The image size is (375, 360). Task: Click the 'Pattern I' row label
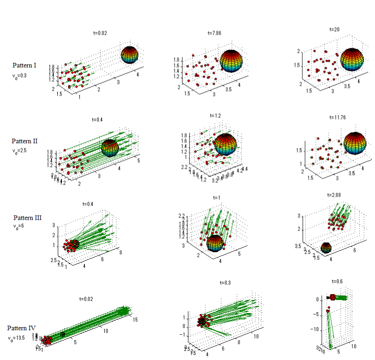24,65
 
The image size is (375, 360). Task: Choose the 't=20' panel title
334,29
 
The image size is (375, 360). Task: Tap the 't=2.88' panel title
335,195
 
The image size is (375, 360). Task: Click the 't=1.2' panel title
216,115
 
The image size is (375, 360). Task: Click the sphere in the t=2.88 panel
326,248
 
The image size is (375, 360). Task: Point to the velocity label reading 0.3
19,76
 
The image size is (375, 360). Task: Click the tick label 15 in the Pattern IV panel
134,320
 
